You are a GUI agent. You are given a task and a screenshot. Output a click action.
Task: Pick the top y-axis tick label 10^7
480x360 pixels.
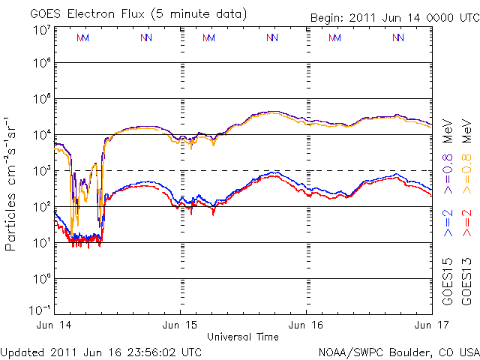point(40,29)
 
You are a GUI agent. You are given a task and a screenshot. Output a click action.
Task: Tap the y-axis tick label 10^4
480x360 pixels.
point(40,134)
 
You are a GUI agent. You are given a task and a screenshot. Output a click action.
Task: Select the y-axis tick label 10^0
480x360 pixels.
point(40,278)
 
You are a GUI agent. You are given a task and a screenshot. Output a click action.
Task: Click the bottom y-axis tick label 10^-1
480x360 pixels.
point(39,309)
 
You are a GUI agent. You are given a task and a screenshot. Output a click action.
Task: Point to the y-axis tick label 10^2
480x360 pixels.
point(40,206)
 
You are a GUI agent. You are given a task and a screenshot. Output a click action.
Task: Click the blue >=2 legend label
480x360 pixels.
point(448,223)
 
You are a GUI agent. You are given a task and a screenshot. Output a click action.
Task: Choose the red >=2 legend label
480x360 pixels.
point(466,223)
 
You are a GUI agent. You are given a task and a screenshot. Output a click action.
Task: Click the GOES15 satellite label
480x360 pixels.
point(448,284)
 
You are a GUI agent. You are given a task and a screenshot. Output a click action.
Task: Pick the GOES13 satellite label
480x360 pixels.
point(466,284)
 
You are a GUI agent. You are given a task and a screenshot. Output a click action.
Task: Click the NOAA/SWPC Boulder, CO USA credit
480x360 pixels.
point(398,351)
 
